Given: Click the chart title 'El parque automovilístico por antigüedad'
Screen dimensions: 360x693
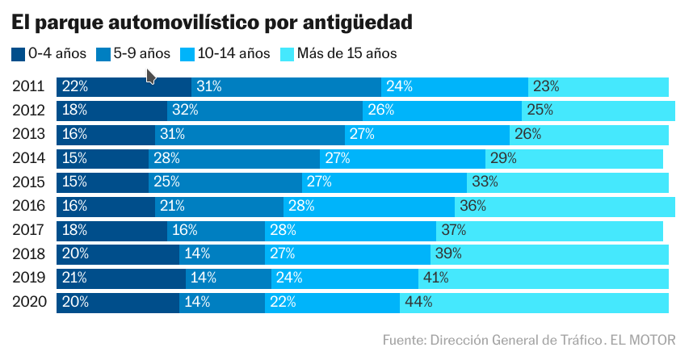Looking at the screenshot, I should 212,23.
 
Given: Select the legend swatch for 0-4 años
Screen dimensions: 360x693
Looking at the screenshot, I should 19,55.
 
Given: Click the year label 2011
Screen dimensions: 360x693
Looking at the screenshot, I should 28,86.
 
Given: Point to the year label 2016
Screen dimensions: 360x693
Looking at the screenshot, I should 28,207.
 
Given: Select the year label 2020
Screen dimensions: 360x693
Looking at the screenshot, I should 28,303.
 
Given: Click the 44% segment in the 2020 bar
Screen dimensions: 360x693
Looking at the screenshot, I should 534,303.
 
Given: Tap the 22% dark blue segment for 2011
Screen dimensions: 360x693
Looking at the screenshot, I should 124,86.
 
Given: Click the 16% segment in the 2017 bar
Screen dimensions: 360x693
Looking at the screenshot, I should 216,231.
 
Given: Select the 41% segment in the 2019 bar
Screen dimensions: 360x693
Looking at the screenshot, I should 543,278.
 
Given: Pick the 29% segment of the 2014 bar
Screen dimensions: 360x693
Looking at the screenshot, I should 573,158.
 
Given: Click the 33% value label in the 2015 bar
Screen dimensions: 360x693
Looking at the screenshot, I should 485,182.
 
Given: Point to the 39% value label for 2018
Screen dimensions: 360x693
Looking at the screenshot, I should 448,254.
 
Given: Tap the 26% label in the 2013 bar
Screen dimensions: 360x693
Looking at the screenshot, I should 527,134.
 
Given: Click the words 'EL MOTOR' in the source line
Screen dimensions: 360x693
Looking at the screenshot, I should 643,339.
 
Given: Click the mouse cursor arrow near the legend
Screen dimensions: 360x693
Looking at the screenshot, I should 150,76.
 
